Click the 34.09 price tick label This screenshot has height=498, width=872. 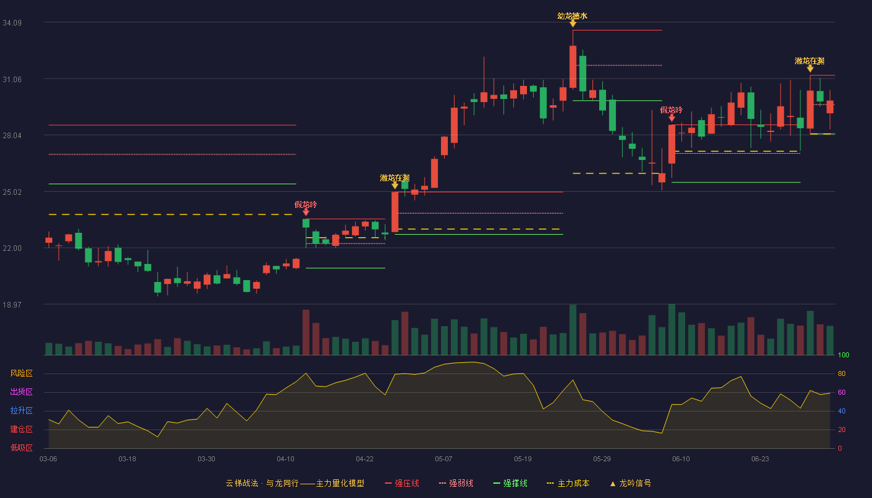pos(12,23)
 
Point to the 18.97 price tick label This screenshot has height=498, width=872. pos(12,304)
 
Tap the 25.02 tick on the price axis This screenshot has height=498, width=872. pos(12,192)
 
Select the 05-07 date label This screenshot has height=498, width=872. pos(443,459)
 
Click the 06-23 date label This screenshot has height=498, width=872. pos(760,459)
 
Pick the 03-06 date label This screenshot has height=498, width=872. pos(49,459)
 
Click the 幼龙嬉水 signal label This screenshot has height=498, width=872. pos(572,16)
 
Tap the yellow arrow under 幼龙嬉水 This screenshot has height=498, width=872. pos(572,24)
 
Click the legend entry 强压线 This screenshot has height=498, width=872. pos(402,483)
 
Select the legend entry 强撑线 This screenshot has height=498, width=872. pos(510,483)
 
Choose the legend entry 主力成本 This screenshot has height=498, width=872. pos(568,483)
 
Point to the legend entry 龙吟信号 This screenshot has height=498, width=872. pos(630,483)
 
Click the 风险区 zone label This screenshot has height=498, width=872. pos(21,374)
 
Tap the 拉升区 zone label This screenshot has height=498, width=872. pos(21,411)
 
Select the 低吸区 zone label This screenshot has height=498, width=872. pos(21,448)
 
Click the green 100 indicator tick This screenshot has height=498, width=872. pos(843,355)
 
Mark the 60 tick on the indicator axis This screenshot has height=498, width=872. pos(841,392)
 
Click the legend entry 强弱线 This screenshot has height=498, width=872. pos(456,483)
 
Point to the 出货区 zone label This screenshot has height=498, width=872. pos(21,392)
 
